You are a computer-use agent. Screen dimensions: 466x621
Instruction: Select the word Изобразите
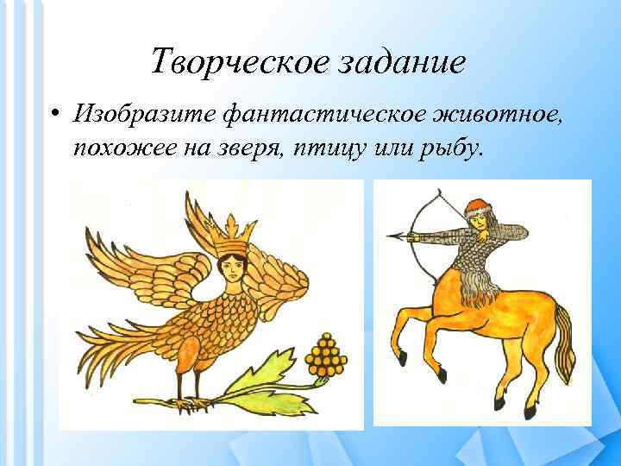(x=143, y=113)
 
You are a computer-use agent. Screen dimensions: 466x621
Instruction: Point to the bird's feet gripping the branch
(x=185, y=400)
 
